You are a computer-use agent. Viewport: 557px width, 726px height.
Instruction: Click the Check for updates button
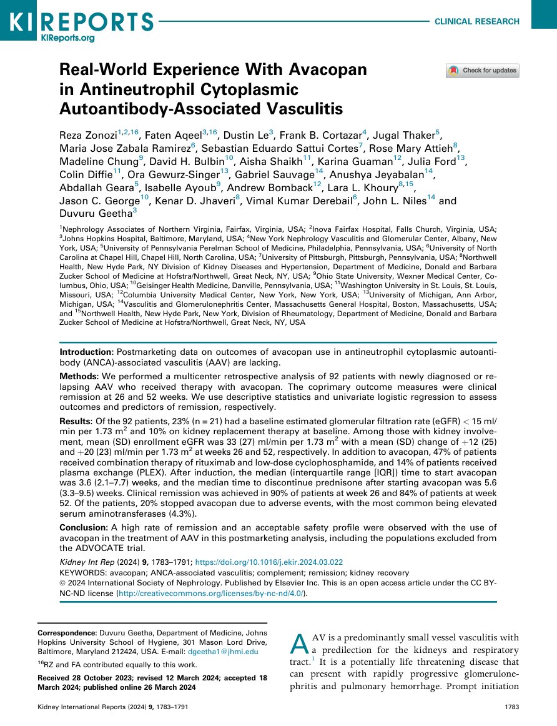point(482,71)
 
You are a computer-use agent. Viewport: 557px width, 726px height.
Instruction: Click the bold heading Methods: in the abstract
point(77,377)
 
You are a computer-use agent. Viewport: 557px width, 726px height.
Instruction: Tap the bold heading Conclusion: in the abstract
point(82,527)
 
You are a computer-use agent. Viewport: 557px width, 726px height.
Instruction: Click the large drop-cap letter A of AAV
point(300,644)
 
